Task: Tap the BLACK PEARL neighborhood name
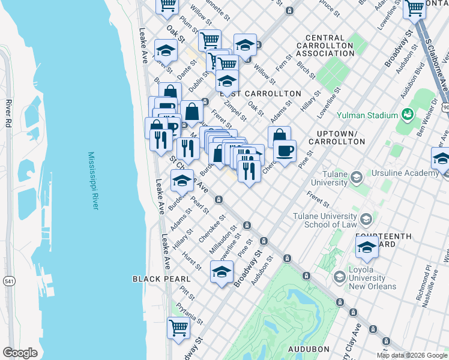pyautogui.click(x=161, y=279)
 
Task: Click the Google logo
pyautogui.click(x=20, y=353)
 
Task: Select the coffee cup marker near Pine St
pyautogui.click(x=285, y=151)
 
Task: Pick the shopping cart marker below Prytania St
pyautogui.click(x=179, y=328)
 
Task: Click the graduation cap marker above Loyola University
pyautogui.click(x=367, y=247)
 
